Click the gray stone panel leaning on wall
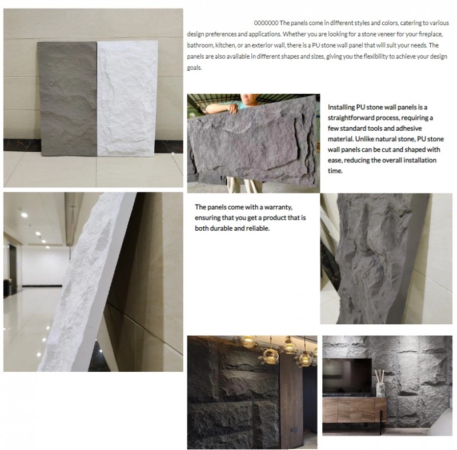tap(67, 99)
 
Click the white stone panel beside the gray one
tap(127, 98)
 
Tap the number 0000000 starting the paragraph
tap(266, 23)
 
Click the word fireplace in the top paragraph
tap(431, 34)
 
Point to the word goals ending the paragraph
tap(194, 67)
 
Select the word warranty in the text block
tap(276, 207)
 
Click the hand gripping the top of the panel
tap(232, 109)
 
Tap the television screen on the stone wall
tap(347, 375)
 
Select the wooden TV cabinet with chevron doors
tap(354, 409)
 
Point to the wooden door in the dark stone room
tap(291, 402)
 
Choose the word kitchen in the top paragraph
tap(225, 45)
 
